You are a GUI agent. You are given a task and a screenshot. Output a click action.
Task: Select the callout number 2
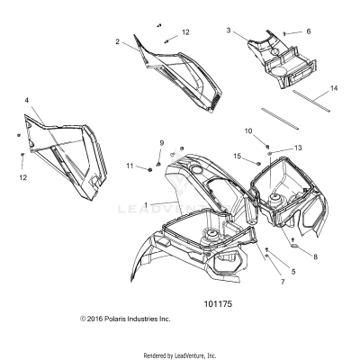[x=117, y=41]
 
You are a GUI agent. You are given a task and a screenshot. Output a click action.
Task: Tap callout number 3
[x=229, y=31]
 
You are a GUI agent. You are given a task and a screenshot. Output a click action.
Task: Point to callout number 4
[x=26, y=99]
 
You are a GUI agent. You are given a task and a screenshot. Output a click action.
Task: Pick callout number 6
[x=309, y=31]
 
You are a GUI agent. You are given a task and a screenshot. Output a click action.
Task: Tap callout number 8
[x=313, y=256]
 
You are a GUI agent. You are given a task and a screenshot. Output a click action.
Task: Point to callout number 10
[x=248, y=131]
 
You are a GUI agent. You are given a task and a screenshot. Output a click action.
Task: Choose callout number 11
[x=130, y=166]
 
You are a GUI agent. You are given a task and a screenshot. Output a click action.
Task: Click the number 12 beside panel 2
[x=185, y=32]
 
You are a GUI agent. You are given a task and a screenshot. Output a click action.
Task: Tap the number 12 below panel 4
[x=23, y=177]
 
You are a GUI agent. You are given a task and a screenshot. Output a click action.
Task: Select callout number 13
[x=299, y=147]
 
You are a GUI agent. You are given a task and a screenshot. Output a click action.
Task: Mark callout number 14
[x=334, y=88]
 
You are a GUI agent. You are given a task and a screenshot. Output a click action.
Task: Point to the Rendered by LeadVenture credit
[x=179, y=355]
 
